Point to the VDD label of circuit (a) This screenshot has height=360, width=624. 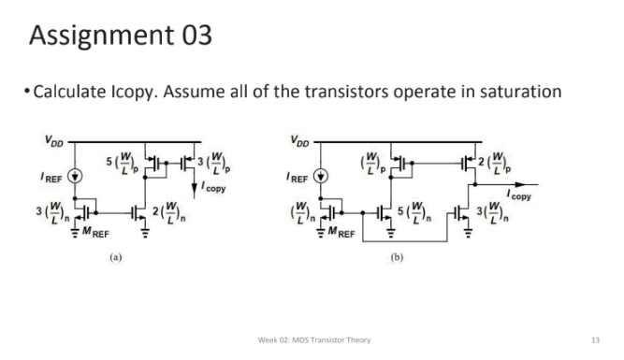pyautogui.click(x=56, y=143)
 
